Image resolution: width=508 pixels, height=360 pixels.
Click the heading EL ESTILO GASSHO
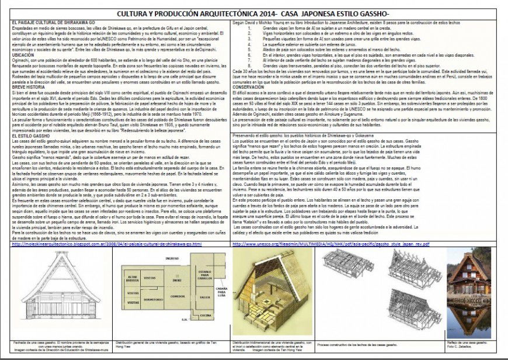(31, 136)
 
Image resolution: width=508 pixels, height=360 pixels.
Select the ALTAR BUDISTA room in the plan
(134, 278)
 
